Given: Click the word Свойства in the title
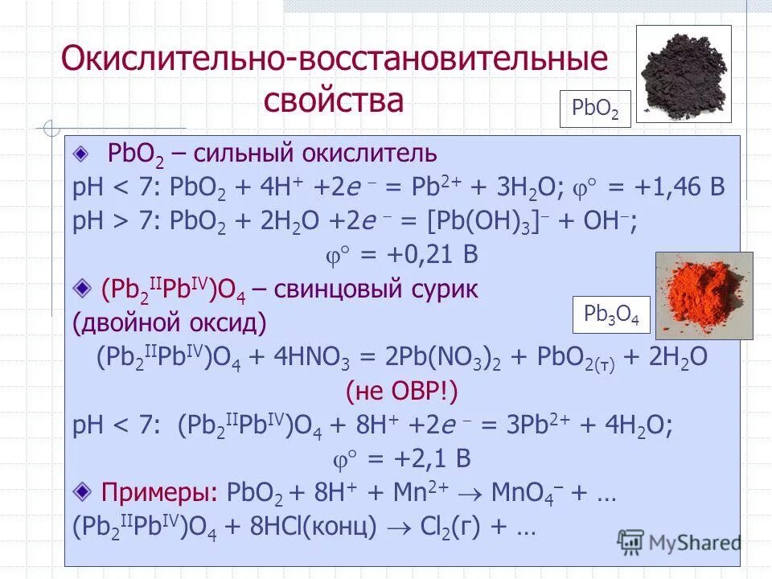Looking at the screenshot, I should [333, 101].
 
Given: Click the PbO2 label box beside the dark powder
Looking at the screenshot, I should [595, 109].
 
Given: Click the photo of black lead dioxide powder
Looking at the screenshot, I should [684, 73].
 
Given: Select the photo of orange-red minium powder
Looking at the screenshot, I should [704, 295].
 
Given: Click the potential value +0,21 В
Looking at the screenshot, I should [418, 256].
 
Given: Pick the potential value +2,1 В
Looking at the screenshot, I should [418, 458].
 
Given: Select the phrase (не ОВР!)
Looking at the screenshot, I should [401, 392].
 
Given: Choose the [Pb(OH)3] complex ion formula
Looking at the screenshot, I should [508, 221].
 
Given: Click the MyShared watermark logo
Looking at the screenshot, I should [680, 540].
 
